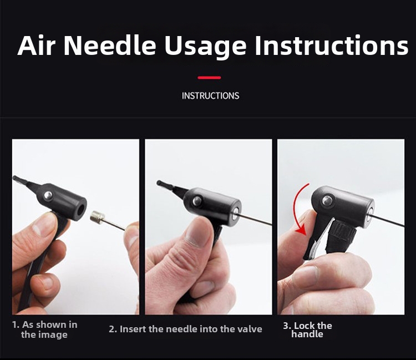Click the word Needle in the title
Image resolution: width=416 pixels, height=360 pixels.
110,45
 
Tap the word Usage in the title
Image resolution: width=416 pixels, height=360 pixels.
205,47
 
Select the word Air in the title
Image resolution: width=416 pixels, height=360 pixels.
37,45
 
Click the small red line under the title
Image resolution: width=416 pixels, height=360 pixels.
209,78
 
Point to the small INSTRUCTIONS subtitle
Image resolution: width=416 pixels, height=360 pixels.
210,96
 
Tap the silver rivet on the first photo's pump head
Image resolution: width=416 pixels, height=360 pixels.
48,196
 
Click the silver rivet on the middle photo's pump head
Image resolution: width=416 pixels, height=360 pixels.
197,201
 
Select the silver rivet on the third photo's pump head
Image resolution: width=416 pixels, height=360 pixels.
327,200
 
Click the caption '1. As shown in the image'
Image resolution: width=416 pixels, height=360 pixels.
44,329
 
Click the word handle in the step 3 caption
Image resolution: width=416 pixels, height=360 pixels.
307,334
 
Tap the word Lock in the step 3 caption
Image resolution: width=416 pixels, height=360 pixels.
303,326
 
